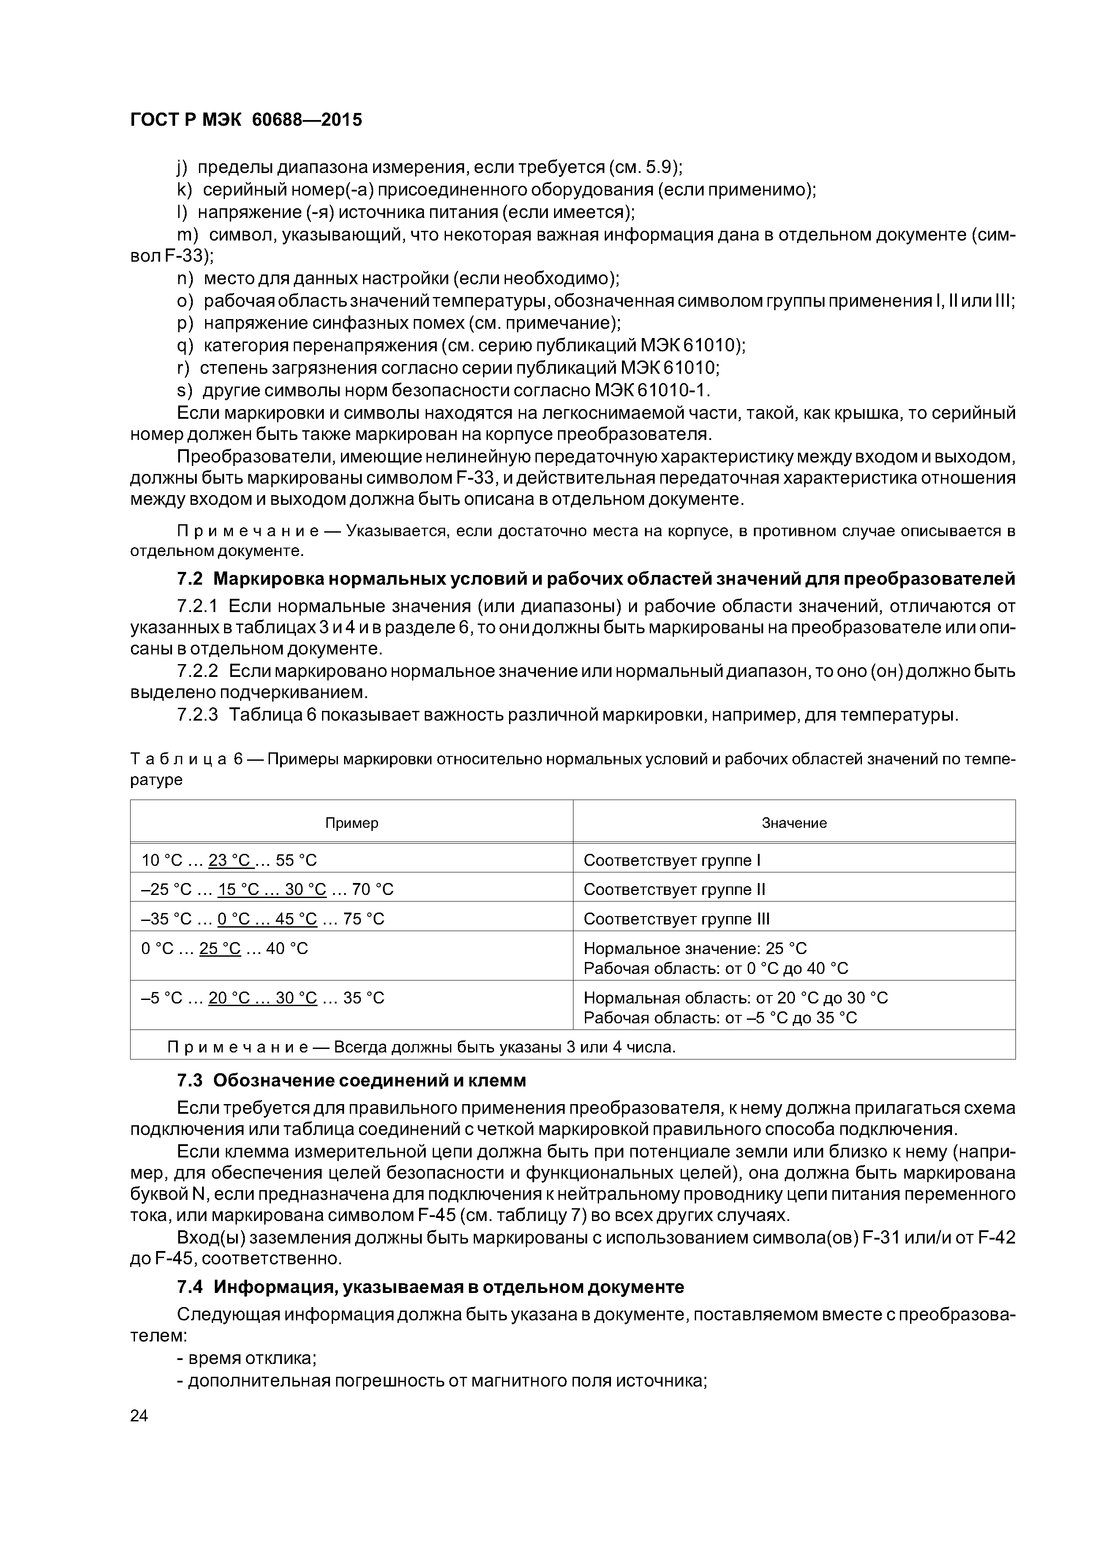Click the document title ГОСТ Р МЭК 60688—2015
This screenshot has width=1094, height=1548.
click(x=246, y=120)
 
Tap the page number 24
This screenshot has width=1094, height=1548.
click(x=139, y=1416)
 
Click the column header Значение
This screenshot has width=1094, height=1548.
click(x=794, y=823)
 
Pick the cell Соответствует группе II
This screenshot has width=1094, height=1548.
click(x=674, y=890)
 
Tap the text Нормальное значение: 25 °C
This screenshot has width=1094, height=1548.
click(x=694, y=949)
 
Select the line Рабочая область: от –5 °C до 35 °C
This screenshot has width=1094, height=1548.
click(x=720, y=1018)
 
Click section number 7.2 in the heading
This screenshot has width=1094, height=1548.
click(x=190, y=579)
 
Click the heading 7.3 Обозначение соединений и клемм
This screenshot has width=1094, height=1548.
click(x=351, y=1081)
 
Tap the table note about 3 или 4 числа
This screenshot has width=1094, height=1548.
click(x=421, y=1048)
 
